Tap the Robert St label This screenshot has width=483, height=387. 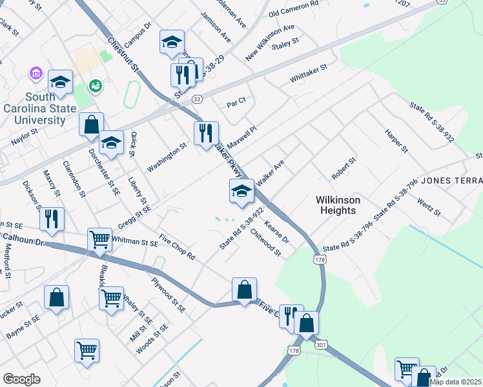point(344,168)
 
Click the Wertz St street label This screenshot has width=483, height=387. point(429,208)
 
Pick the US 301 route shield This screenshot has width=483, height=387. point(321,346)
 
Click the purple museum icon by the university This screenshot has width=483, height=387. point(36,75)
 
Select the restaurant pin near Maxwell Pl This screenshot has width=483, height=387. point(206,134)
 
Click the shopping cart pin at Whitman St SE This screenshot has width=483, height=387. point(100,240)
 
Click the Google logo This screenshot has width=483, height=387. point(21,379)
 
